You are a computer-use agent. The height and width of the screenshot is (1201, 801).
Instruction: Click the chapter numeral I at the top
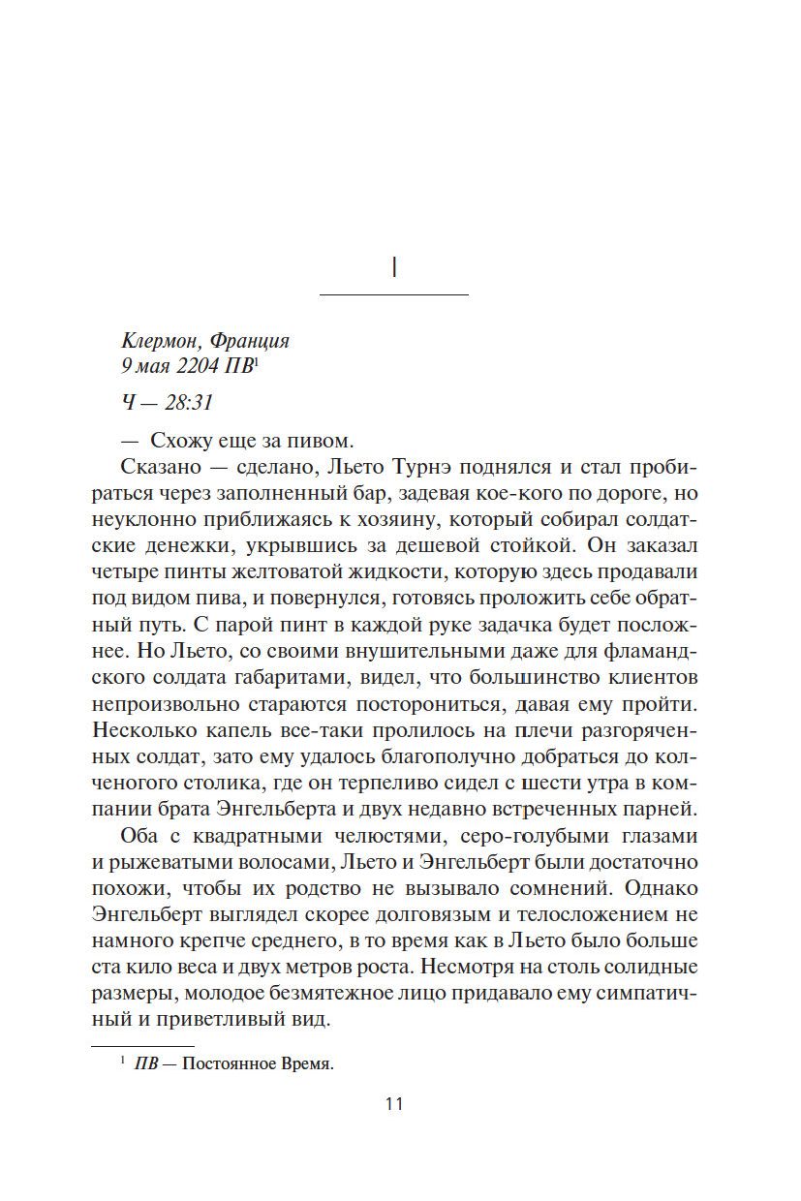[x=394, y=268]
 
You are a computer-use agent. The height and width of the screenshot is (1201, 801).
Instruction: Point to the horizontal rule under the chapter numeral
[x=394, y=293]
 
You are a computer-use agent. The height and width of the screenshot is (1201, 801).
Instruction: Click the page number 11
[x=393, y=1104]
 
